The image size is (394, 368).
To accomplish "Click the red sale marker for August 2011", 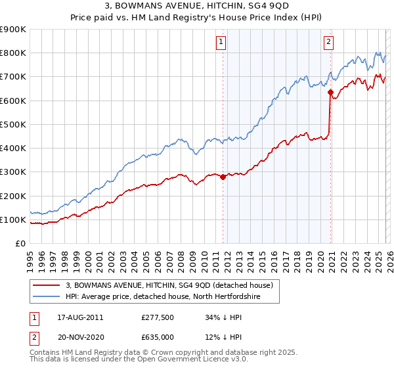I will pos(223,177).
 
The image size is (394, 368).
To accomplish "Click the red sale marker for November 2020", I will pos(330,92).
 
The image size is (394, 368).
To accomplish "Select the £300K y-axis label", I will pos(13,172).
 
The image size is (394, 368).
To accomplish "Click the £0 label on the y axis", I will pos(20,243).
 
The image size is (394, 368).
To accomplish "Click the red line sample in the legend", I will pos(47,285).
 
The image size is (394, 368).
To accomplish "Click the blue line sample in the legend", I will pos(47,297).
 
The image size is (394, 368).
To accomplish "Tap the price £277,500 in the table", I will pos(158,317).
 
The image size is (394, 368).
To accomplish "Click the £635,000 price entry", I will pos(158,338).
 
